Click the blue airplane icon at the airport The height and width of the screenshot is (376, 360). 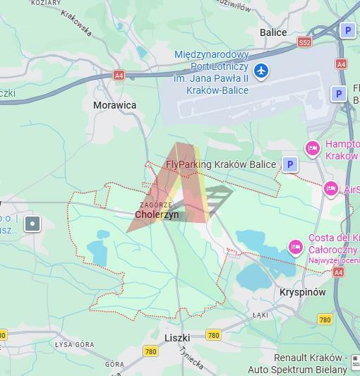262,71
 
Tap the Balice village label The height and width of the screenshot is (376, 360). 273,32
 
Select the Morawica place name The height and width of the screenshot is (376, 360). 115,105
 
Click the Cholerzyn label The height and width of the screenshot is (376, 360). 157,214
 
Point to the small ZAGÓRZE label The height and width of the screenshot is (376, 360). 156,205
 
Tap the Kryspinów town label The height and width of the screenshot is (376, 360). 302,292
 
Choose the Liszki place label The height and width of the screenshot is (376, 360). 177,338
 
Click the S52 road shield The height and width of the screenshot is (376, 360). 304,42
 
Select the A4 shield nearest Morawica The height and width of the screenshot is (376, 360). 119,75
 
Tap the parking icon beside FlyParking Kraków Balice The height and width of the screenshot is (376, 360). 290,164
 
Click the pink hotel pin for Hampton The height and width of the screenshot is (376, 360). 312,148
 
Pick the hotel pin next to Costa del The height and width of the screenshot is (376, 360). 296,247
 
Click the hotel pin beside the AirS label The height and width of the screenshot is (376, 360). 330,189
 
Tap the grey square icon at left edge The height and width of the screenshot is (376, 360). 32,224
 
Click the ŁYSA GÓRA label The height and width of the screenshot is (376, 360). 74,344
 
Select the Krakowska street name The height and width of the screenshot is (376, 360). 76,23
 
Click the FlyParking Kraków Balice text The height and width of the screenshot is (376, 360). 221,164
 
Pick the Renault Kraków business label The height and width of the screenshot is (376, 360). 310,358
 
